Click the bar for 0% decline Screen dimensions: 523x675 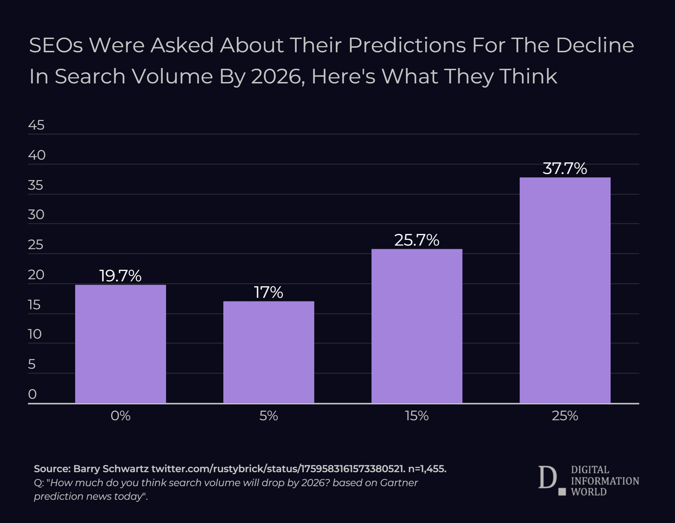pos(120,344)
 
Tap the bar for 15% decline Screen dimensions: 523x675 pos(417,326)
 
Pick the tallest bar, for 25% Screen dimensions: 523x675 pos(565,290)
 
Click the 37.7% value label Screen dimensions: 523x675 pos(565,169)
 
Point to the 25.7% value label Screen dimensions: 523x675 pos(417,240)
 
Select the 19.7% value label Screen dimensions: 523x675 pos(120,276)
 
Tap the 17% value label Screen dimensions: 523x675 pos(268,292)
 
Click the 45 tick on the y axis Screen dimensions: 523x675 pos(36,125)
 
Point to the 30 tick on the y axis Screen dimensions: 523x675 pos(36,215)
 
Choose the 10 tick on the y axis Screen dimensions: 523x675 pos(35,334)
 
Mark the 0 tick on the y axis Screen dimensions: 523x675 pos(32,394)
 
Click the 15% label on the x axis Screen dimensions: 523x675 pos(417,416)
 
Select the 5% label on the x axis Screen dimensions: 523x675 pos(268,416)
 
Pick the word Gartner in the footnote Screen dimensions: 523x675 pos(399,483)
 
